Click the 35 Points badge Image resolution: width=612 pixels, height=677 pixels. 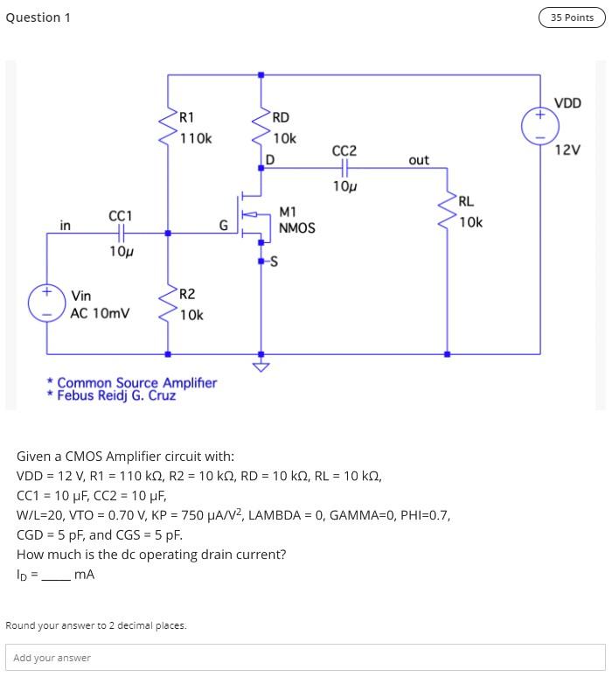coord(572,17)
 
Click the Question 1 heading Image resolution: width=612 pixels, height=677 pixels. coord(38,17)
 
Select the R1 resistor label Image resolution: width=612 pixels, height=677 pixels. coord(186,118)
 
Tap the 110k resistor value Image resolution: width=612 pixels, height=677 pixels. coord(196,138)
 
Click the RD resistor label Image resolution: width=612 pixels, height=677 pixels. coord(281,118)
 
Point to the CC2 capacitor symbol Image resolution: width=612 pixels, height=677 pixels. coord(344,168)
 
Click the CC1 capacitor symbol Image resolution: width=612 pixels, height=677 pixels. coord(121,234)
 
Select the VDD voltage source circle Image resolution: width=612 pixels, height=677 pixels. coord(539,126)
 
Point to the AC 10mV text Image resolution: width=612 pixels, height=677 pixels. coord(100,313)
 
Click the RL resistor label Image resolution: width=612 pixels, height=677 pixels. coord(466,202)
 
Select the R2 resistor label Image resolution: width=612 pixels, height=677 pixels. coord(187,294)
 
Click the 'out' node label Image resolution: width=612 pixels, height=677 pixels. coord(419,160)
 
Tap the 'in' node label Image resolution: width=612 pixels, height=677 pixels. coord(65,226)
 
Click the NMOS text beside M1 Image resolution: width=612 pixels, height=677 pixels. coord(296,228)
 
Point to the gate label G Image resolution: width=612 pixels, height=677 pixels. coord(223,226)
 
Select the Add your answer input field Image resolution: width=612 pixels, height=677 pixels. coord(305,657)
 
